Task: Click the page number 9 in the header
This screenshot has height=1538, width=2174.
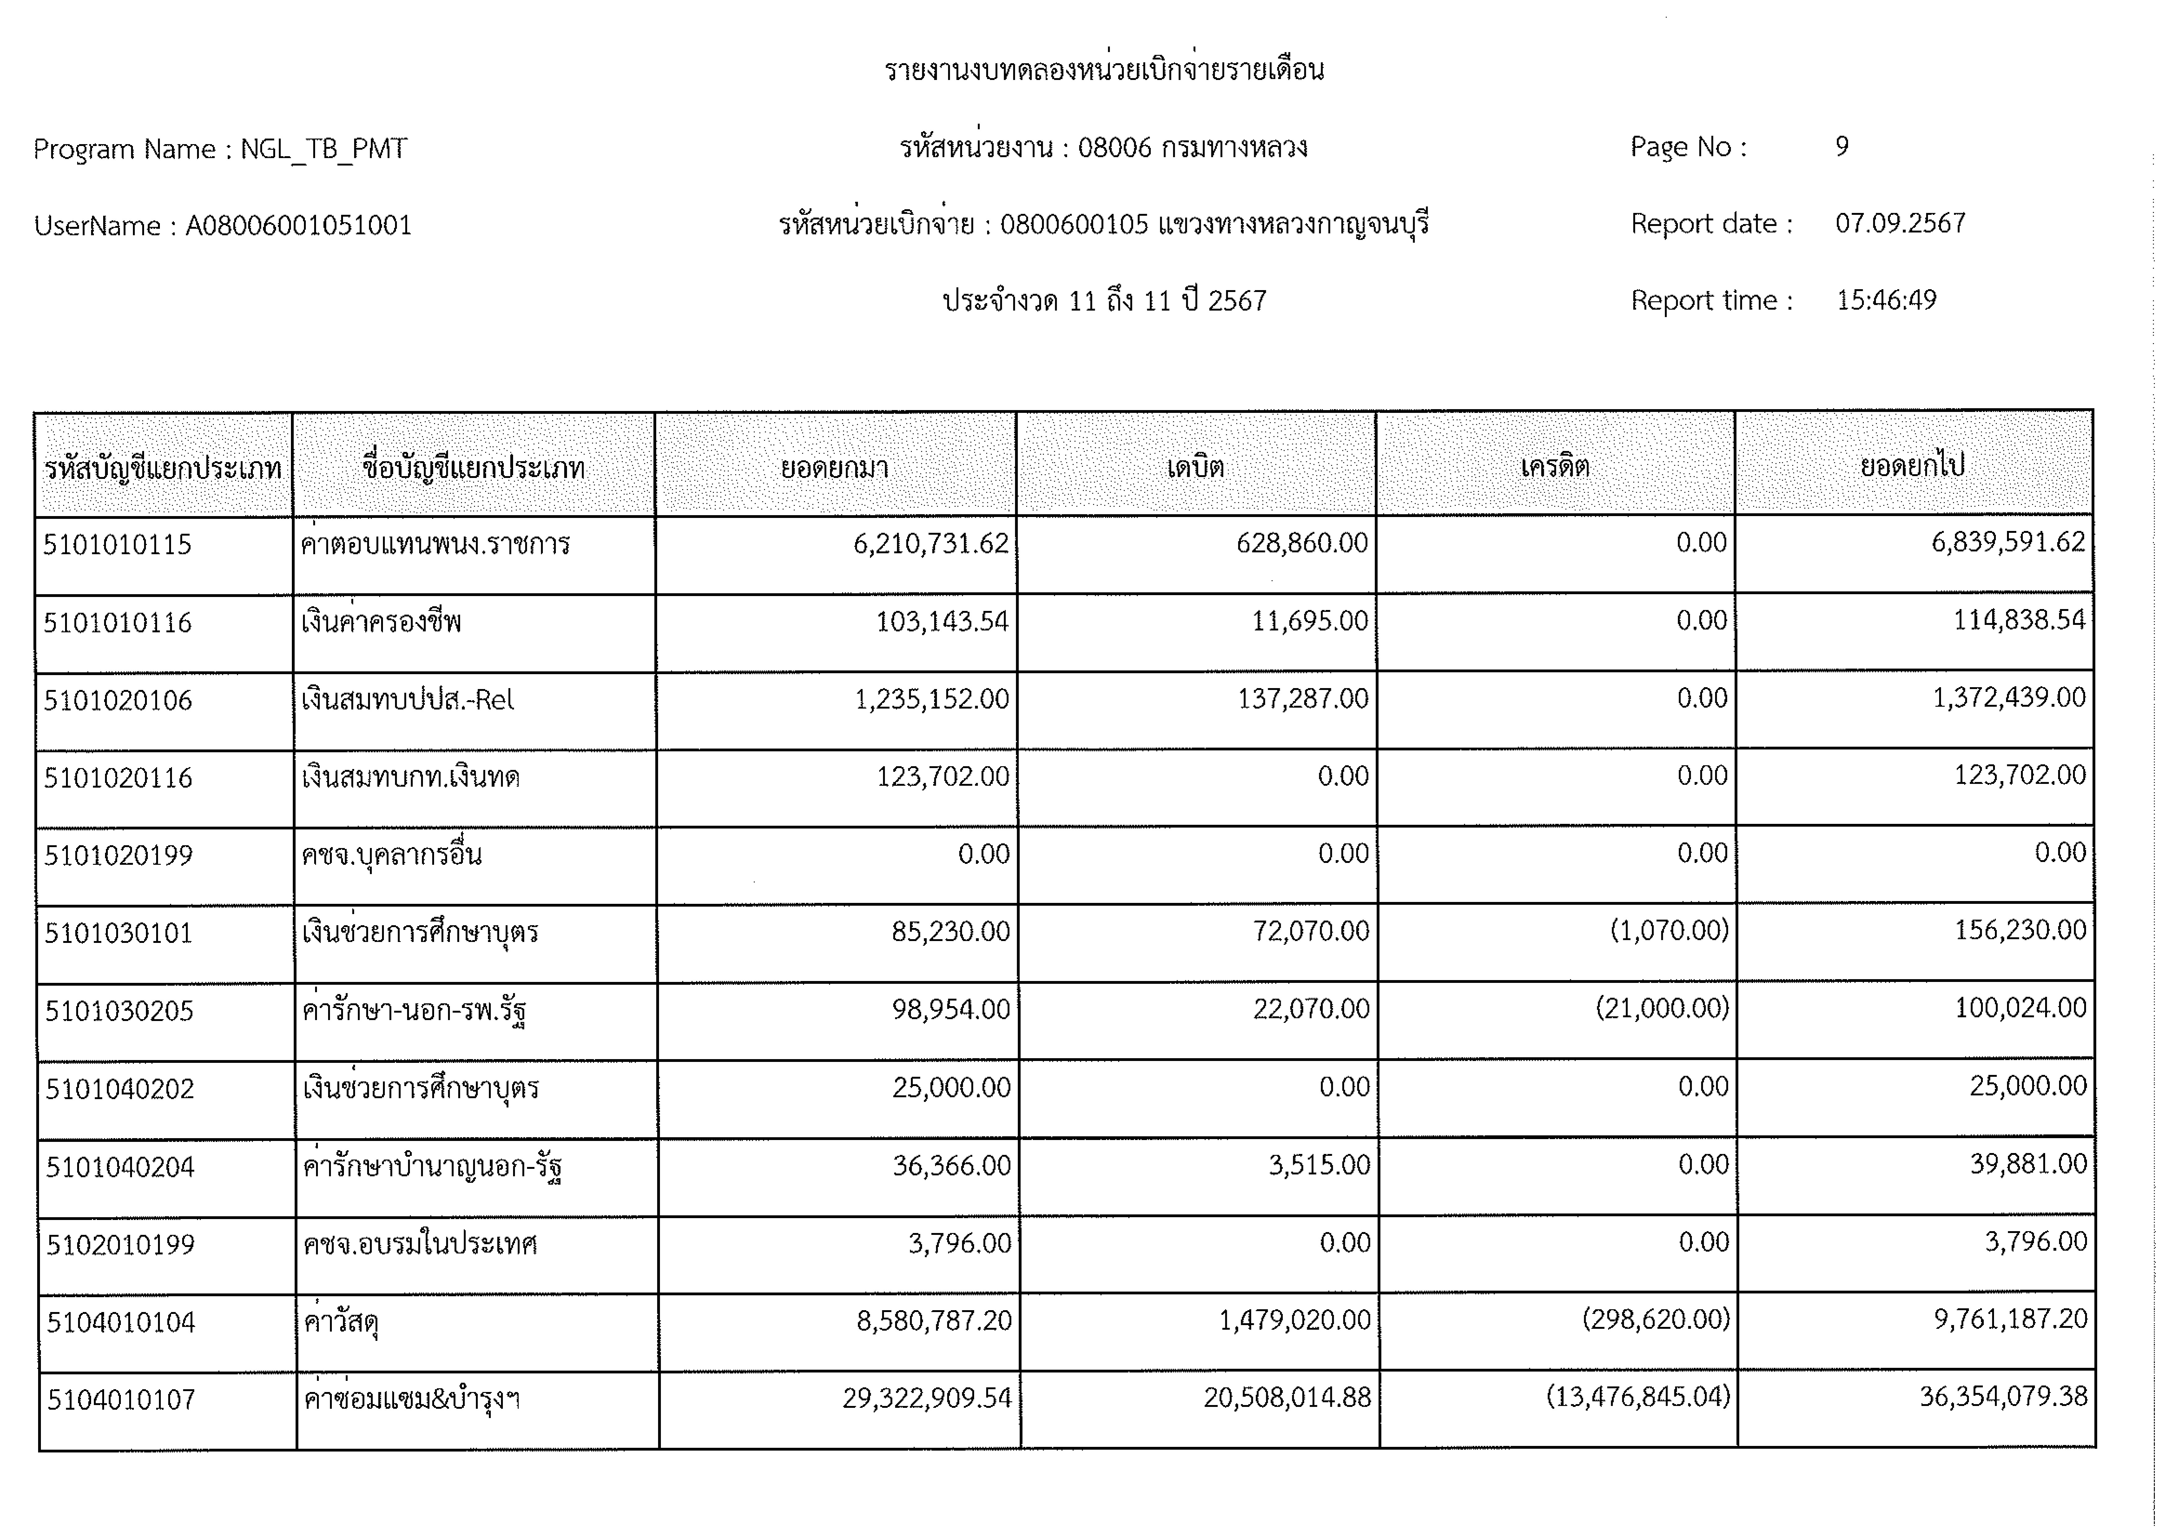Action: pyautogui.click(x=1842, y=147)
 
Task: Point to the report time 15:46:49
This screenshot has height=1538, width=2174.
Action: pyautogui.click(x=1886, y=300)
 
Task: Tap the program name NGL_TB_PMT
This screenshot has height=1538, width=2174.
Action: pyautogui.click(x=324, y=150)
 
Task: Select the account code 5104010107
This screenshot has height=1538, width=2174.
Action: pyautogui.click(x=121, y=1400)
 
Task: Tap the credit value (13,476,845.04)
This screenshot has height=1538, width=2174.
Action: pyautogui.click(x=1638, y=1397)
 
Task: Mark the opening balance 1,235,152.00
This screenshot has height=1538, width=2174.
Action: pyautogui.click(x=932, y=699)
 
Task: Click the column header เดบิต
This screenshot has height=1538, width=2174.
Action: pyautogui.click(x=1195, y=467)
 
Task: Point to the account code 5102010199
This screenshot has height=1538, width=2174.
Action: pyautogui.click(x=120, y=1244)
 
